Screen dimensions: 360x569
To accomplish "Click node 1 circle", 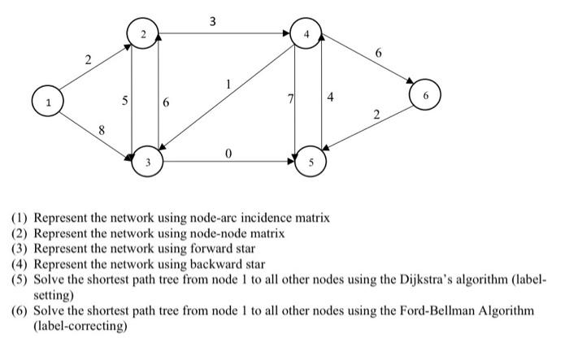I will point(48,103).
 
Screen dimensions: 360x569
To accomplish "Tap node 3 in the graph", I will point(147,162).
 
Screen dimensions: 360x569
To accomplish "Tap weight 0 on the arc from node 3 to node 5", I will point(228,152).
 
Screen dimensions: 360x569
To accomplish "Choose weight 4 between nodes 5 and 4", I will point(330,99).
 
